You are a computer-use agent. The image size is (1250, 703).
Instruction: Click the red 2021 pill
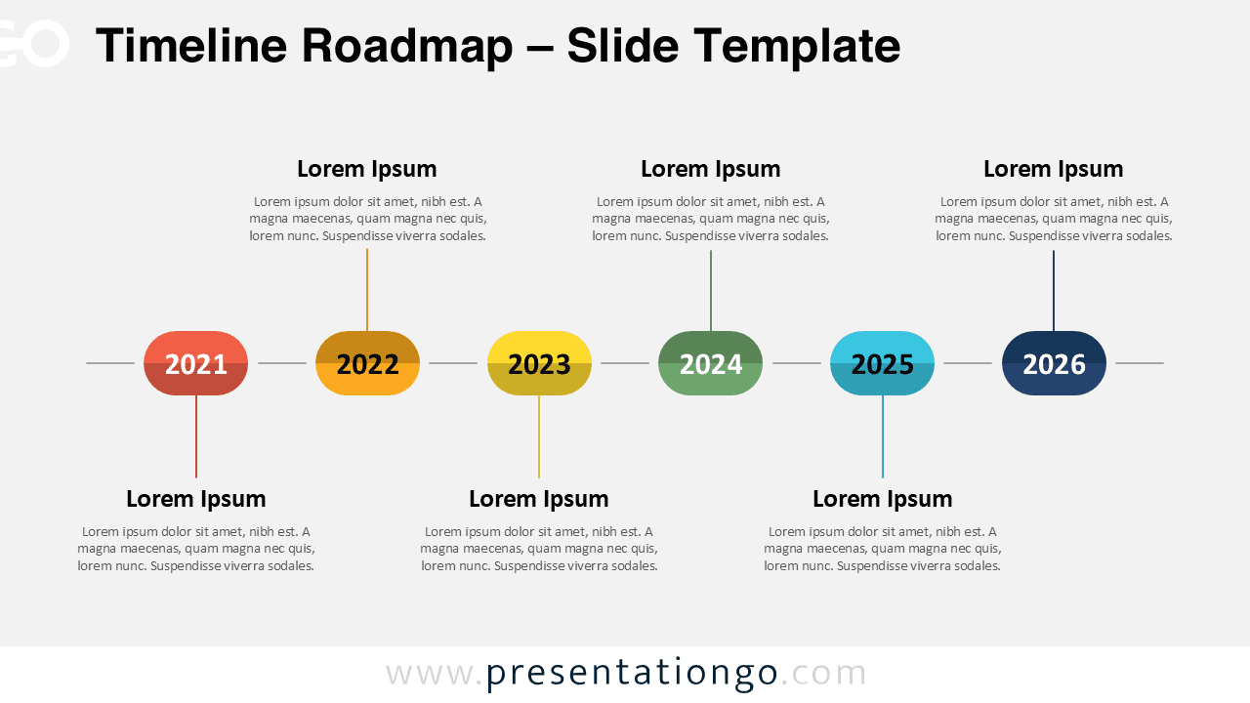point(195,363)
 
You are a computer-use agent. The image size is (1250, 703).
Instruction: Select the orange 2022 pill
point(367,363)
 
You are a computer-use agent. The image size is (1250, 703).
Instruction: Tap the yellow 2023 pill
point(539,363)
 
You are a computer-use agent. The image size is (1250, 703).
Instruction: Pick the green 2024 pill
point(710,363)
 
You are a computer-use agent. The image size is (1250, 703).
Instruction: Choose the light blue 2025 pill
point(882,363)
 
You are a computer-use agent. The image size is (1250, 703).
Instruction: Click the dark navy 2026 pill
point(1054,363)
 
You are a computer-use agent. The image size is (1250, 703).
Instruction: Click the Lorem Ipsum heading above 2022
point(367,169)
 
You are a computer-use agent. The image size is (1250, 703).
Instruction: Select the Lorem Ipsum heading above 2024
point(710,169)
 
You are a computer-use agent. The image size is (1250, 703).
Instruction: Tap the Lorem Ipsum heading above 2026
point(1053,169)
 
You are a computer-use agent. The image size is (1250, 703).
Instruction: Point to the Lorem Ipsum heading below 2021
point(195,499)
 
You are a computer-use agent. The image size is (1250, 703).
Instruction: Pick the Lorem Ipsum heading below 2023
point(539,499)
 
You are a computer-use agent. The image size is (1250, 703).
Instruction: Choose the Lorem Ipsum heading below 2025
point(882,499)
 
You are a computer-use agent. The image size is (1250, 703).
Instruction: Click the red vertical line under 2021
point(196,436)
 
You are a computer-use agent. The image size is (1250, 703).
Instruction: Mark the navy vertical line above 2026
point(1054,290)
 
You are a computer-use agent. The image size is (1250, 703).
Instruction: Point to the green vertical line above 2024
point(711,290)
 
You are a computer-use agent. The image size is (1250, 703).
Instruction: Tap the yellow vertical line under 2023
point(539,436)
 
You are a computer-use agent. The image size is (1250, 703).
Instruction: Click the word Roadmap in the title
point(405,46)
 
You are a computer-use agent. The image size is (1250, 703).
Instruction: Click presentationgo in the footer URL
point(632,674)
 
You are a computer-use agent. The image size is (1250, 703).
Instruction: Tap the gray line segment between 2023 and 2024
point(625,363)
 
